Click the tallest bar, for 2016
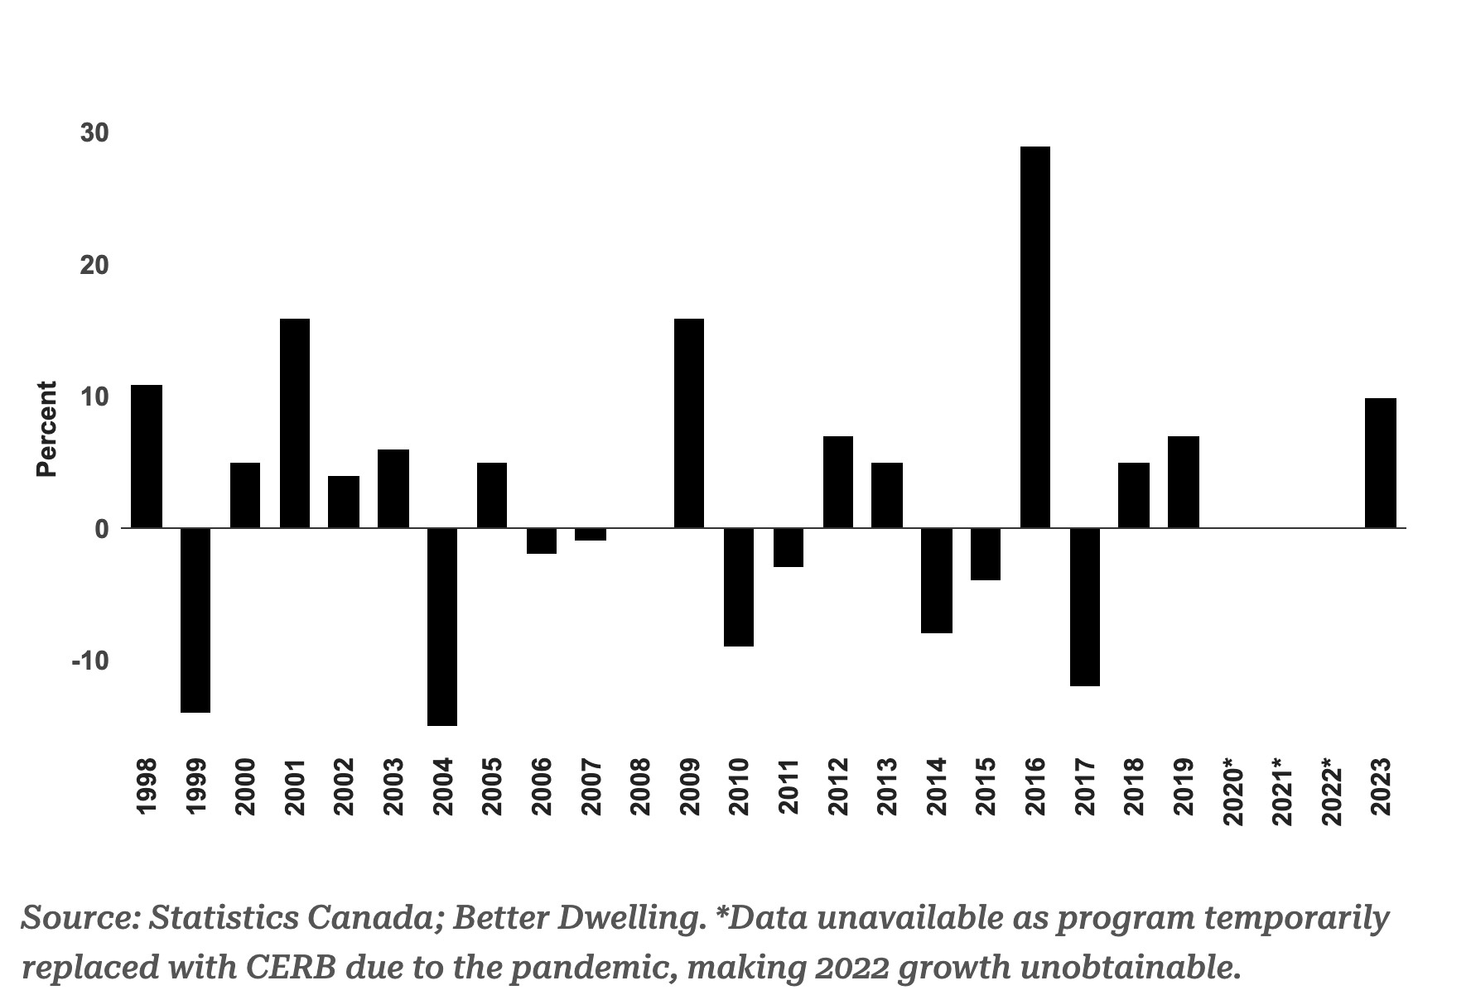[x=1035, y=337]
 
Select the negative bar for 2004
[x=442, y=627]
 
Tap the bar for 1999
[x=195, y=620]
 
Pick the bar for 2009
[x=689, y=423]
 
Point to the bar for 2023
[x=1381, y=463]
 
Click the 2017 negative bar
[x=1084, y=607]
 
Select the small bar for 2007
[x=591, y=534]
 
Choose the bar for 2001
[x=295, y=423]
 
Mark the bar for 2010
[x=739, y=587]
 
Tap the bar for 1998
[x=147, y=456]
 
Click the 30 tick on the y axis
[x=94, y=133]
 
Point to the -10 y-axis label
[x=90, y=661]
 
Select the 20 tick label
[x=94, y=266]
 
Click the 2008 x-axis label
[x=640, y=786]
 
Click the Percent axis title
[x=47, y=429]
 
